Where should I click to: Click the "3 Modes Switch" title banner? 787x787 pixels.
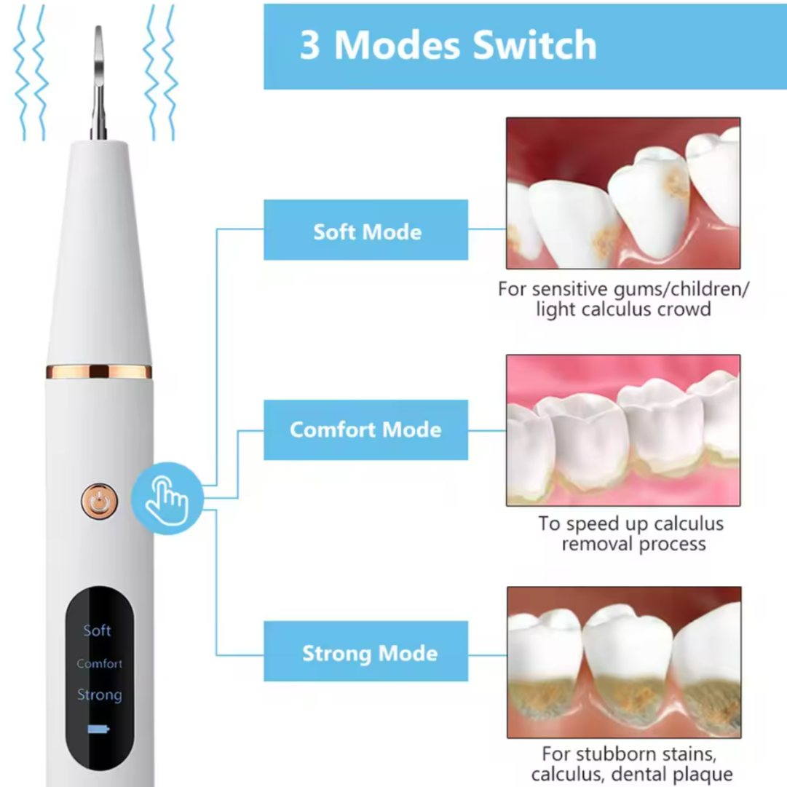[x=525, y=47]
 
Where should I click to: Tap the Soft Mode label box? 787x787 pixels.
[x=366, y=230]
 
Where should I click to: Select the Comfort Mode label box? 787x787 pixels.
[x=366, y=430]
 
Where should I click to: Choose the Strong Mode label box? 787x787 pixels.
[x=366, y=651]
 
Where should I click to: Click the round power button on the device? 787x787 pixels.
[x=100, y=501]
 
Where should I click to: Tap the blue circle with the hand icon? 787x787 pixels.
[x=167, y=499]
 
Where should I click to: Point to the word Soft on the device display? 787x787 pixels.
[x=97, y=630]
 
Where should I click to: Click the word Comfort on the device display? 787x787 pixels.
[x=100, y=663]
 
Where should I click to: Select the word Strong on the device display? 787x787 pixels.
[x=100, y=695]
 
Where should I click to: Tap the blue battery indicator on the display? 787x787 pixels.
[x=98, y=729]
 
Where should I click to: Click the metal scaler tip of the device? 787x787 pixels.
[x=98, y=83]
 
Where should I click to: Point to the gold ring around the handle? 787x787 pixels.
[x=99, y=371]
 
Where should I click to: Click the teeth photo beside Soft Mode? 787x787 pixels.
[x=623, y=193]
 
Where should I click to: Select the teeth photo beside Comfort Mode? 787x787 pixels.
[x=623, y=430]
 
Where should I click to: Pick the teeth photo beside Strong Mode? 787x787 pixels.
[x=624, y=662]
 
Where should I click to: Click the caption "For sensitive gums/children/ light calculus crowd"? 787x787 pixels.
[x=623, y=299]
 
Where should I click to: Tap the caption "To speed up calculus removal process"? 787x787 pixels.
[x=632, y=534]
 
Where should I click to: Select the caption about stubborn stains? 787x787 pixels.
[x=632, y=764]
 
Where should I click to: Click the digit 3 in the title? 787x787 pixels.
[x=309, y=45]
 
